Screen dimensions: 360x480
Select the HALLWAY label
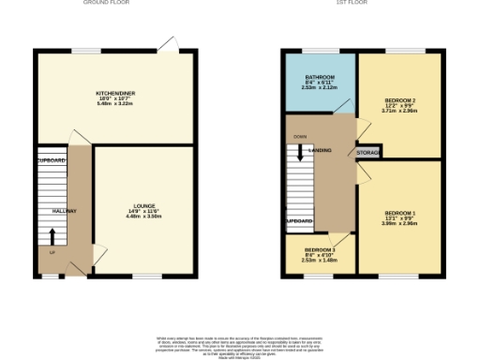[64, 211]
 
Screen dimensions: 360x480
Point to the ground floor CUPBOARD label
[52, 160]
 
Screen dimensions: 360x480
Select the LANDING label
[320, 150]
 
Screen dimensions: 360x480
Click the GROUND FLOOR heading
[106, 3]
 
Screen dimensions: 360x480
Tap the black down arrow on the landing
[300, 151]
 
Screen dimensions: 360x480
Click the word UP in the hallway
[52, 251]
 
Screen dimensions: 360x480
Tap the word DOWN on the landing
[299, 137]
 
